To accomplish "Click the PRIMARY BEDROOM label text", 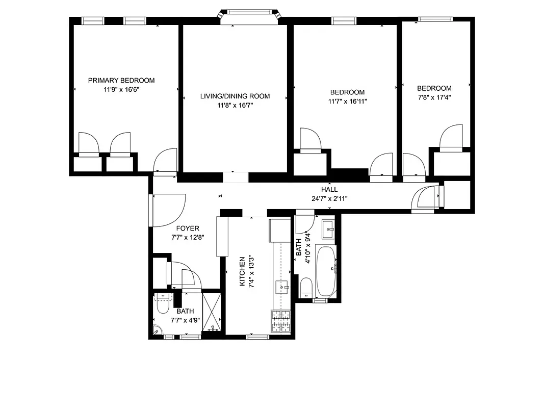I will click(121, 80).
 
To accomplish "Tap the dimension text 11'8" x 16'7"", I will click(235, 106).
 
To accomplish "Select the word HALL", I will click(329, 190).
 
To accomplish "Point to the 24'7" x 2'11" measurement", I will click(329, 199).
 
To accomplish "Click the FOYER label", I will click(188, 228).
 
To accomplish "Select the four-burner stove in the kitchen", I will click(280, 322).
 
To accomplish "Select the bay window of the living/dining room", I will click(250, 15).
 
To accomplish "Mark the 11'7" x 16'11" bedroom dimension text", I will click(348, 101).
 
